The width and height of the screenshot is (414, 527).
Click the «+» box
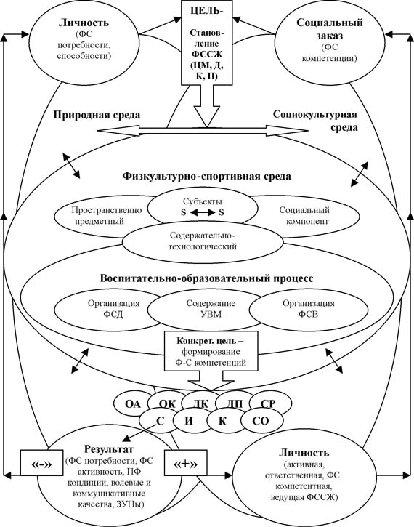click(186, 463)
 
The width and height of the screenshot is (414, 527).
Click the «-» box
click(41, 463)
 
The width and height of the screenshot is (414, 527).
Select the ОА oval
click(133, 403)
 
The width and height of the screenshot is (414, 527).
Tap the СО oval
click(261, 421)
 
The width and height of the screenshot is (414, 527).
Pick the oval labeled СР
click(269, 403)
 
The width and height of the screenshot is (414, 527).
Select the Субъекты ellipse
click(203, 206)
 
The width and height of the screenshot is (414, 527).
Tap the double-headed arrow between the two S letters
click(203, 212)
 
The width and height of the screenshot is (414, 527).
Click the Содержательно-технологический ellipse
click(203, 241)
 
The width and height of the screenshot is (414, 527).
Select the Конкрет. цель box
click(211, 351)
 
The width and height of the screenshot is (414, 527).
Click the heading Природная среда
click(97, 115)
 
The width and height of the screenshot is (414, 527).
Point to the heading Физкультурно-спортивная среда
click(206, 176)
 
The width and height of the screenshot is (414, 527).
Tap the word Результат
click(109, 449)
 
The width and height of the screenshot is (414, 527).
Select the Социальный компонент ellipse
click(304, 215)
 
